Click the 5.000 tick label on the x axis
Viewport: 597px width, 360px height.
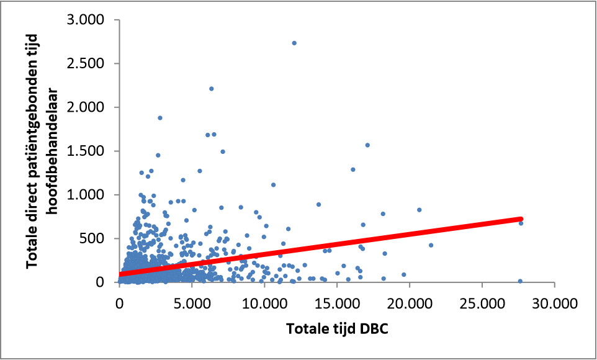[192, 304]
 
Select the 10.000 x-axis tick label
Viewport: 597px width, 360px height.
[264, 304]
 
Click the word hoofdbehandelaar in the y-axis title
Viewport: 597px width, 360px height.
[54, 151]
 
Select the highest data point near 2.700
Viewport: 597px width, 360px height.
[294, 43]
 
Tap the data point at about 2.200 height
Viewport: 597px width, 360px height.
[211, 89]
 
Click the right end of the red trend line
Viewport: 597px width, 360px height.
[521, 219]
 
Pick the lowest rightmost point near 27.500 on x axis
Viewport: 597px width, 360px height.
[520, 281]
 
